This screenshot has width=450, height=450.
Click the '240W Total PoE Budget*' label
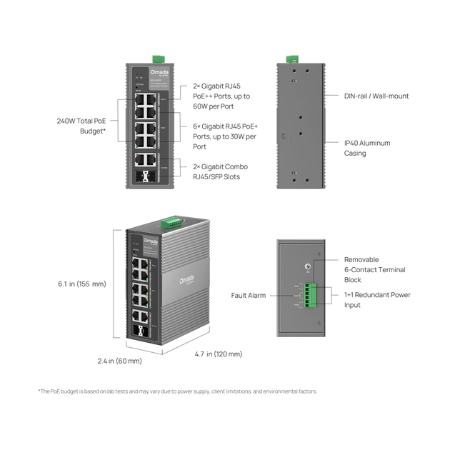pyautogui.click(x=83, y=126)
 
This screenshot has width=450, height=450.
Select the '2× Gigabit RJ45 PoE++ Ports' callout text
pyautogui.click(x=222, y=96)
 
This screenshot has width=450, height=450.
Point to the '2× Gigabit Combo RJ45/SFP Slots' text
pyautogui.click(x=221, y=171)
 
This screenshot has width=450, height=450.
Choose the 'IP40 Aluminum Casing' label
pyautogui.click(x=367, y=148)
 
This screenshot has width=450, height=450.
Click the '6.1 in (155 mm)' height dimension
pyautogui.click(x=81, y=284)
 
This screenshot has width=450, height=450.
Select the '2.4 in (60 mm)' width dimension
pyautogui.click(x=119, y=361)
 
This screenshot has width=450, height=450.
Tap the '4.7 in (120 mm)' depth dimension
pyautogui.click(x=218, y=354)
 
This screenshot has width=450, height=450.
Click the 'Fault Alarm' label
pyautogui.click(x=249, y=295)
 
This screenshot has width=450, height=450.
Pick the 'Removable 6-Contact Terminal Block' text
pyautogui.click(x=374, y=270)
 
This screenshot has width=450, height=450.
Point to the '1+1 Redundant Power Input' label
pyautogui.click(x=377, y=300)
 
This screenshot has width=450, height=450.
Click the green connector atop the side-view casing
pyautogui.click(x=291, y=59)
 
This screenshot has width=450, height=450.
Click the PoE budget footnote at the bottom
pyautogui.click(x=177, y=391)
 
